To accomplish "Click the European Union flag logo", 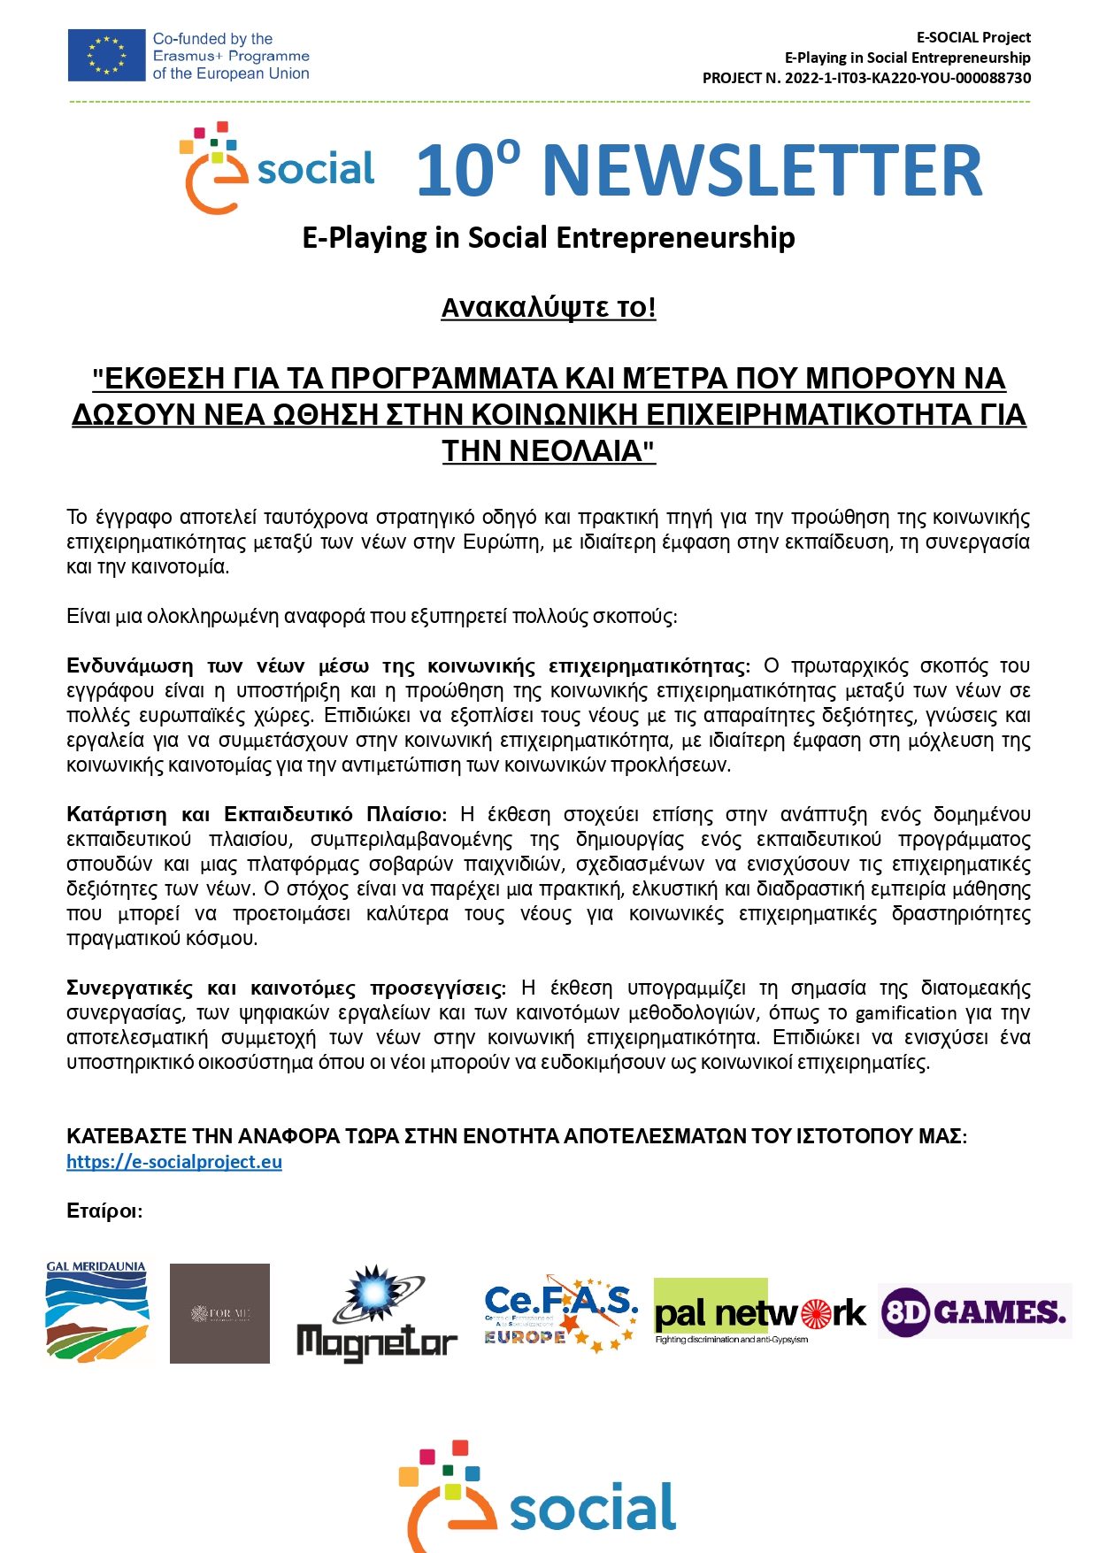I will [x=106, y=55].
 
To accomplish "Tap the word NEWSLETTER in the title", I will [x=763, y=170].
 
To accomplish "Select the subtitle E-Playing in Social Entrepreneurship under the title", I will [x=549, y=238].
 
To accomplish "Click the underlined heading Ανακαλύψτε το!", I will [x=549, y=308].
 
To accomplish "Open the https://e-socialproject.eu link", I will [x=174, y=1162].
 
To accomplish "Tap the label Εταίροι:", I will [x=104, y=1211].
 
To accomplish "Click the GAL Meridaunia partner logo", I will [x=97, y=1311].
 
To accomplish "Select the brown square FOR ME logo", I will [x=219, y=1313].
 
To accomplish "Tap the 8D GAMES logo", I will [x=974, y=1311].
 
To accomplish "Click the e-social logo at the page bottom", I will [x=538, y=1499].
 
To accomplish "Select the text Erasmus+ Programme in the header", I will [x=231, y=56].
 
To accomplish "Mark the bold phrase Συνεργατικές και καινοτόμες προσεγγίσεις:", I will [x=286, y=988].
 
